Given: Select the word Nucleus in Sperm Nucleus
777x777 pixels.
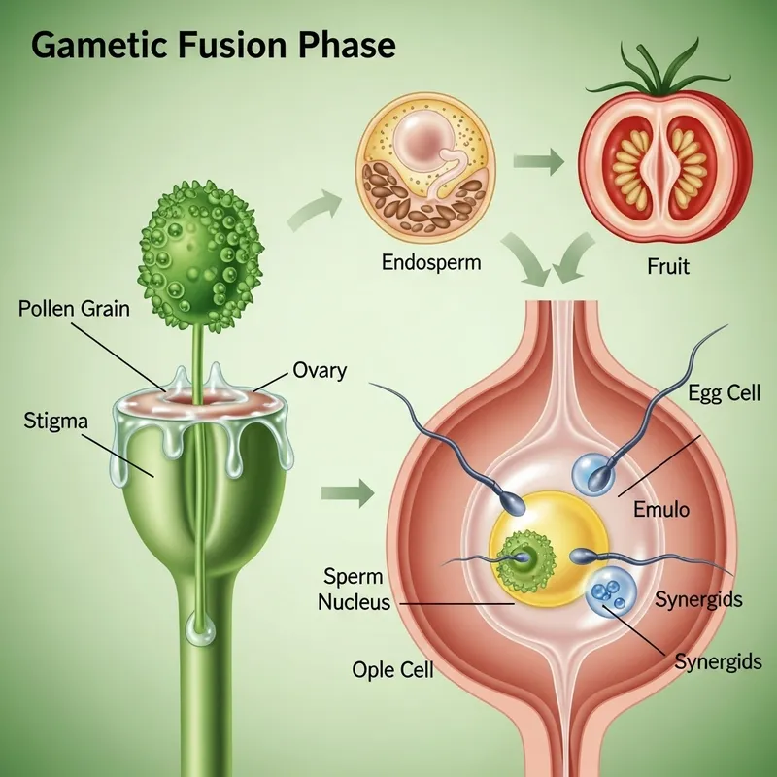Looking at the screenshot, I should tap(355, 602).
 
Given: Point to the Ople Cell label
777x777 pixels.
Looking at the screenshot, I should tap(392, 670).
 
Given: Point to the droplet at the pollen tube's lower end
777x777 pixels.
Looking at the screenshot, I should tap(203, 631).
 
